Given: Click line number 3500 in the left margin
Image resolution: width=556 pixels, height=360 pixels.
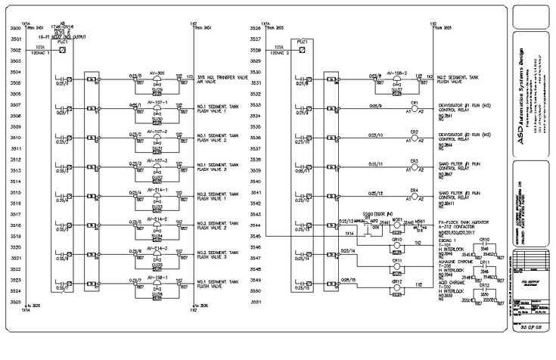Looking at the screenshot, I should click(15, 28).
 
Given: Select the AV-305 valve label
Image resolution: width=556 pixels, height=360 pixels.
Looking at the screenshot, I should click(157, 73).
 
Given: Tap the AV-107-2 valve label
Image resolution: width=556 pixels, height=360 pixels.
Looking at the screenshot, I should click(157, 131).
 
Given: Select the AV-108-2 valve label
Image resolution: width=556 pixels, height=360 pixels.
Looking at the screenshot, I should click(397, 73).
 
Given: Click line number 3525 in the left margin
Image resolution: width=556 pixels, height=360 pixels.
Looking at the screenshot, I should click(15, 302).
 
